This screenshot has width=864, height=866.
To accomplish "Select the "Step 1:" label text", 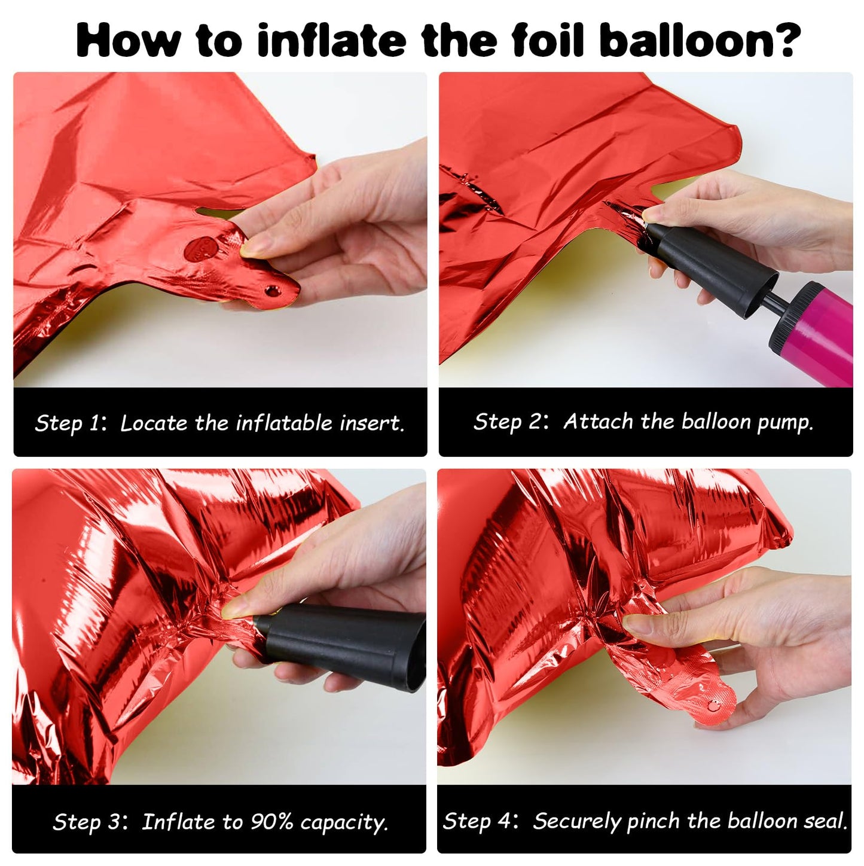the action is click(x=71, y=423).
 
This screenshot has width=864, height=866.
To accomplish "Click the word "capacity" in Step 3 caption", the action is click(x=344, y=822).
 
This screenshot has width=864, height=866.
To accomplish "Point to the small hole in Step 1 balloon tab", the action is click(x=271, y=291).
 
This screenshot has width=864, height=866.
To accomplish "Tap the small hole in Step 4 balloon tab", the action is click(x=713, y=705).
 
